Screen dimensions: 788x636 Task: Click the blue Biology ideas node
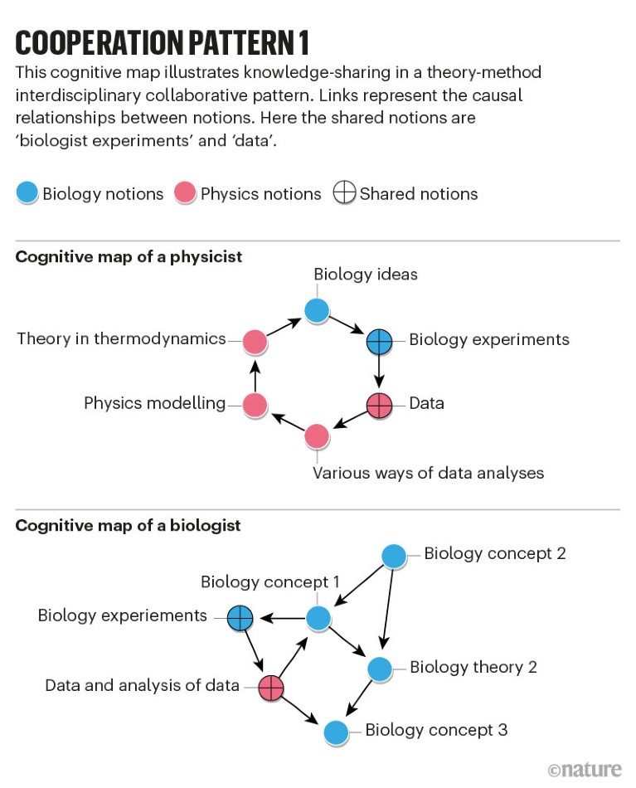317,310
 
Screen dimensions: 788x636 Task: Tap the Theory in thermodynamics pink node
255,341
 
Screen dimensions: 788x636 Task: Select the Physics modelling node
255,405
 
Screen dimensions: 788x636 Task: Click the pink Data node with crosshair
379,405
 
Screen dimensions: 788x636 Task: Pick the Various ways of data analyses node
317,435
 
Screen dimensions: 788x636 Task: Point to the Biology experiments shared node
379,341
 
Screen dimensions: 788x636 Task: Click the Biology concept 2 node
393,556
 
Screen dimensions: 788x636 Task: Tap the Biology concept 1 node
319,618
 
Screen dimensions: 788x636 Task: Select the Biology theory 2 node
379,669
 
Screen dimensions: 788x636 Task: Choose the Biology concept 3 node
335,732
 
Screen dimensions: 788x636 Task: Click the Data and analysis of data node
271,687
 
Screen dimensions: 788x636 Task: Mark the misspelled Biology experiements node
240,617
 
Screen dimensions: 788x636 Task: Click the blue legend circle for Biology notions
27,194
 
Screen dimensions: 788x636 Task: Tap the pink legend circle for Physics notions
184,194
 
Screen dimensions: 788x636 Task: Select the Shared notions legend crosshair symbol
342,194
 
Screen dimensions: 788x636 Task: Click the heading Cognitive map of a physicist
129,256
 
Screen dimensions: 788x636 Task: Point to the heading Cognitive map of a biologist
128,525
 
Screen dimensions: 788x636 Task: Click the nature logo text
585,769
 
